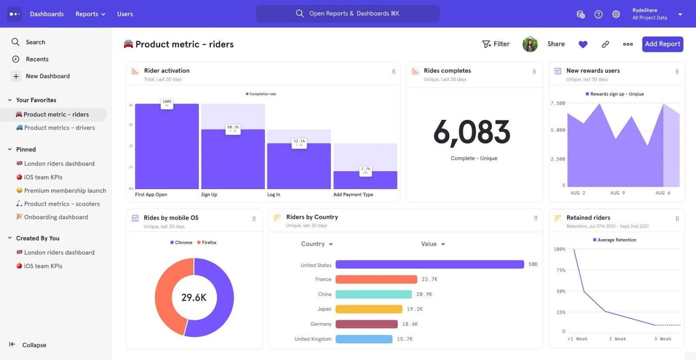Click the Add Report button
tap(662, 44)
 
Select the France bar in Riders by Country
tap(376, 279)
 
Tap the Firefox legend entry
tap(207, 243)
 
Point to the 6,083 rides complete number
tap(472, 132)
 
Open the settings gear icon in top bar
tap(616, 14)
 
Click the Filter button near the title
tap(496, 44)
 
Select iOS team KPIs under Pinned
tap(43, 177)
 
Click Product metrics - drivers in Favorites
tap(59, 128)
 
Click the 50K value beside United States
tap(533, 264)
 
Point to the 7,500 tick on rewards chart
tap(558, 103)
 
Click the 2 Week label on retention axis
tap(617, 339)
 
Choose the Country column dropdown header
tap(317, 244)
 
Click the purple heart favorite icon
tap(583, 44)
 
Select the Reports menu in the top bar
tap(90, 14)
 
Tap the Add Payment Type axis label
tap(353, 194)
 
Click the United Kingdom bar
tap(364, 339)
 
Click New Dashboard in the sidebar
tap(47, 76)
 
